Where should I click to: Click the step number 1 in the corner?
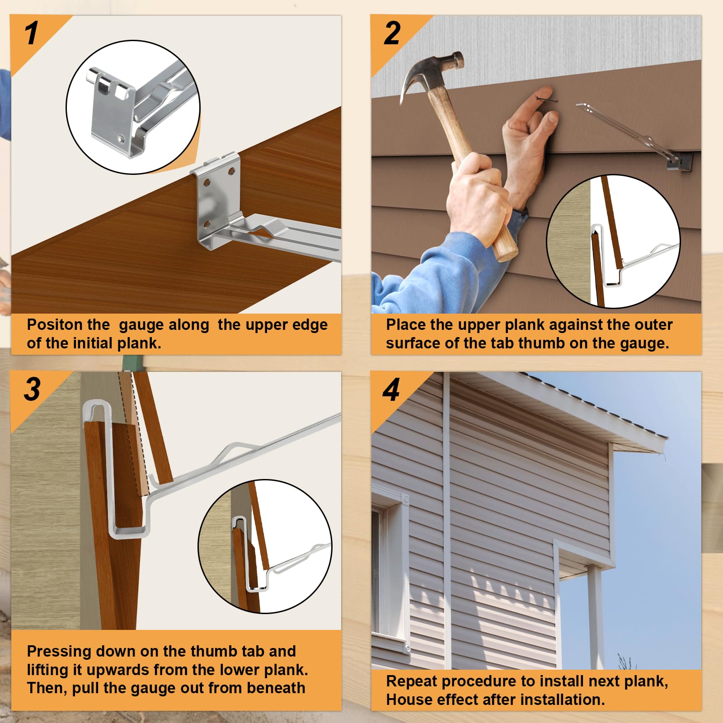32,33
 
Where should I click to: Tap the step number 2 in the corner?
392,33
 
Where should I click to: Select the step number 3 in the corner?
32,390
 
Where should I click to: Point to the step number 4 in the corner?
391,390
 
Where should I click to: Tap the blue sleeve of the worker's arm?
434,271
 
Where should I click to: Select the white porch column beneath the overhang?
595,619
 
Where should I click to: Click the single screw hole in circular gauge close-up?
120,137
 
